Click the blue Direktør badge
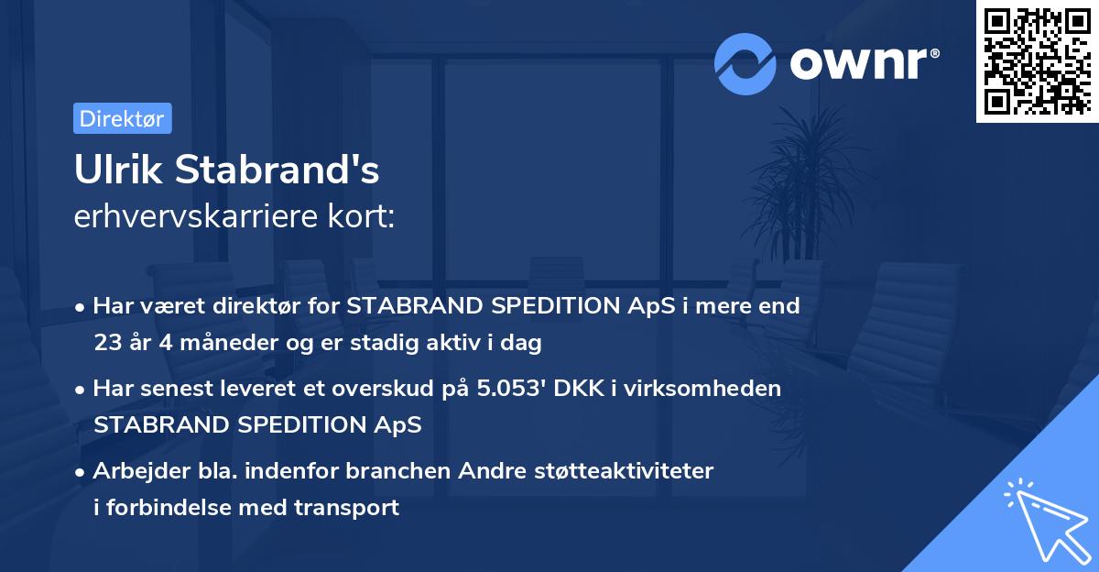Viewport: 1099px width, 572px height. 122,118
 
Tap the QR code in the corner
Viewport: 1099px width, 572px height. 1037,60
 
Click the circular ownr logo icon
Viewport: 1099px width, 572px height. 745,63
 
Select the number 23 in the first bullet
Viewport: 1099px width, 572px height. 106,343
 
